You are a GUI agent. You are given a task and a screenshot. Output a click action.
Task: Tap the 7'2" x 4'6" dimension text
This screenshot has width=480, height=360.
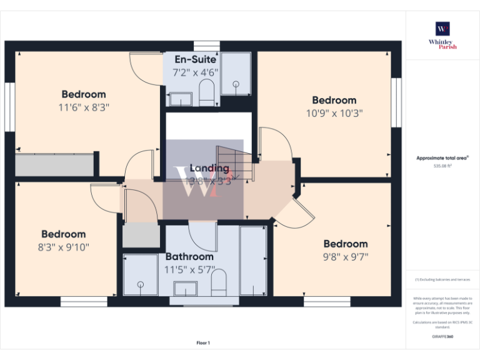point(196,72)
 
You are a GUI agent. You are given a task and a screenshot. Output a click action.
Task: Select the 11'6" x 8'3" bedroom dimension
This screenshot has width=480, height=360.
point(84,107)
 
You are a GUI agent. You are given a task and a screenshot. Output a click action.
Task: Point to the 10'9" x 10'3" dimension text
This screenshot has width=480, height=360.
point(334,113)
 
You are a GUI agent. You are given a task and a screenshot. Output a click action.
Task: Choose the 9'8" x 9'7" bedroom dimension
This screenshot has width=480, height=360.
point(346,256)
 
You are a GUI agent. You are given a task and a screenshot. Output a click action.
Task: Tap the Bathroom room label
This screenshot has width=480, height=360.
point(189,257)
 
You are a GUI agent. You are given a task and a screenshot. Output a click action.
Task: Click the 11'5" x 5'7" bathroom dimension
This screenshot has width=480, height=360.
point(189,270)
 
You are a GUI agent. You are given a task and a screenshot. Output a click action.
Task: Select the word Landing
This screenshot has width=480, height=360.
point(209,168)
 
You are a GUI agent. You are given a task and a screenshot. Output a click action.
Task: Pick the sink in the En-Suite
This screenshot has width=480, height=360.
point(180,99)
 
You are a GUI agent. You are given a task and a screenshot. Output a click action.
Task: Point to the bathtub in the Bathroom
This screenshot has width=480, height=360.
point(253,261)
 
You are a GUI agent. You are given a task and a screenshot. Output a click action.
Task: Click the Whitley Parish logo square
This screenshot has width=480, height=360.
point(443,29)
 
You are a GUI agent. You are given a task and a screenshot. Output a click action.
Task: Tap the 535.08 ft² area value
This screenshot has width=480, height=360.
point(442,166)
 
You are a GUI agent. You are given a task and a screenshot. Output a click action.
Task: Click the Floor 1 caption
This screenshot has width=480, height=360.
point(203,342)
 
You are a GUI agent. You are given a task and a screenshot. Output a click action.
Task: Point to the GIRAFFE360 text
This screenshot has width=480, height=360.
point(442,337)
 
